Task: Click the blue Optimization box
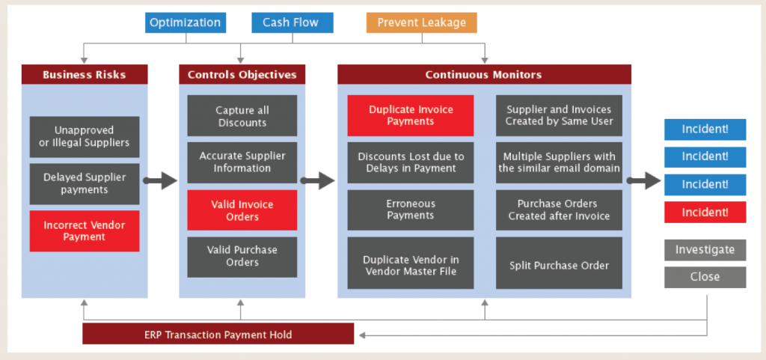pos(185,22)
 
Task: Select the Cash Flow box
pos(290,22)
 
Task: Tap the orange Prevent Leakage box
pos(421,22)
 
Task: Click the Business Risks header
pos(84,75)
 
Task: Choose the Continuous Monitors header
pos(484,75)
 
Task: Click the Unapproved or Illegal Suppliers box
pos(85,136)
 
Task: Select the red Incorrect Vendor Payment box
pos(85,231)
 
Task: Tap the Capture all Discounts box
pos(242,116)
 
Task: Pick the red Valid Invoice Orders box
pos(242,210)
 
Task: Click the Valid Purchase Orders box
pos(242,257)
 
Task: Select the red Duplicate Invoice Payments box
pos(411,115)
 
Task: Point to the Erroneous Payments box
pos(411,210)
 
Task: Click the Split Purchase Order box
pos(559,265)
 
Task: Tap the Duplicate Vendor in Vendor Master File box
pos(411,265)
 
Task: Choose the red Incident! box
pos(705,213)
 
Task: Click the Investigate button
pos(705,250)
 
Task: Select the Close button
pos(705,277)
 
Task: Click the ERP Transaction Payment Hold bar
pos(218,334)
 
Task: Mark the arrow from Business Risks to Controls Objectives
pos(159,181)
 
